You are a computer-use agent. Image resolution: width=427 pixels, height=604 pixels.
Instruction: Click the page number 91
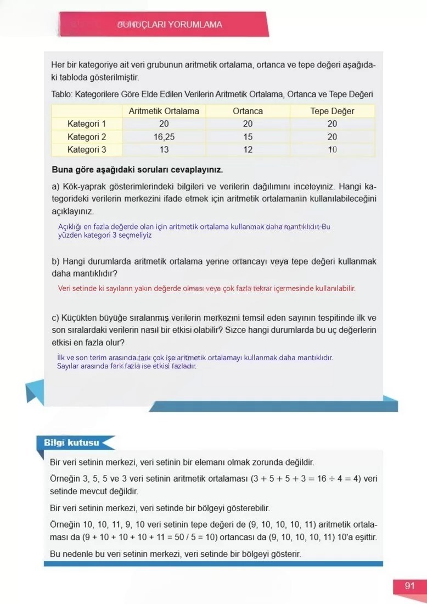pyautogui.click(x=409, y=585)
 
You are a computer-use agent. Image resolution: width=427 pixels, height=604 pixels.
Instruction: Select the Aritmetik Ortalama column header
pyautogui.click(x=164, y=111)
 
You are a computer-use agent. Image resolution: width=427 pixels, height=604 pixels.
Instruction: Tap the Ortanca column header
pyautogui.click(x=248, y=111)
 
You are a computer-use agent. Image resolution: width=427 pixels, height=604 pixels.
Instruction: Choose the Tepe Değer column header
pyautogui.click(x=332, y=111)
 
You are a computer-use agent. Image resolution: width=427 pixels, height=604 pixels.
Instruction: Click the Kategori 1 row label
pyautogui.click(x=87, y=124)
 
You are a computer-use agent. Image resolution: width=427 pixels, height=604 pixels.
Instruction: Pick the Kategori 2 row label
pyautogui.click(x=87, y=137)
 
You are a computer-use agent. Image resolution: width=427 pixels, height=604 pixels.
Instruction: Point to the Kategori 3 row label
pyautogui.click(x=87, y=149)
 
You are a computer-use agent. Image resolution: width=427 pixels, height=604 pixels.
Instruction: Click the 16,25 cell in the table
pyautogui.click(x=164, y=137)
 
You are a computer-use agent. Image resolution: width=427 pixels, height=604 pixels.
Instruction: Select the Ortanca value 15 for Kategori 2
pyautogui.click(x=248, y=137)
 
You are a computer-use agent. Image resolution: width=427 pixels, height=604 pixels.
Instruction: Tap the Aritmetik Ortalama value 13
pyautogui.click(x=164, y=149)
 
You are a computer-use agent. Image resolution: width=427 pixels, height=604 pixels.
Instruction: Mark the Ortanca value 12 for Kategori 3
pyautogui.click(x=248, y=149)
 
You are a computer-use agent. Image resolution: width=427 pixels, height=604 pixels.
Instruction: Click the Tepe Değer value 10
pyautogui.click(x=332, y=149)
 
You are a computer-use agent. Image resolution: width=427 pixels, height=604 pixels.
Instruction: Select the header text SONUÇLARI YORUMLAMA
pyautogui.click(x=170, y=25)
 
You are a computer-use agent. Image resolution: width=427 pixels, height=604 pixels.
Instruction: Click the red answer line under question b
pyautogui.click(x=206, y=288)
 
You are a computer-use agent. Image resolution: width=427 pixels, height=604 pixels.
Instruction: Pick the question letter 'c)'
pyautogui.click(x=55, y=318)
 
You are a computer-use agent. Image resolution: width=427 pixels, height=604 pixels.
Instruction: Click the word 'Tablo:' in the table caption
pyautogui.click(x=61, y=94)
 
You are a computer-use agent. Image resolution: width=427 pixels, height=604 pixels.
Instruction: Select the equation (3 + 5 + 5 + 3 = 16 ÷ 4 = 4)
pyautogui.click(x=306, y=478)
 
